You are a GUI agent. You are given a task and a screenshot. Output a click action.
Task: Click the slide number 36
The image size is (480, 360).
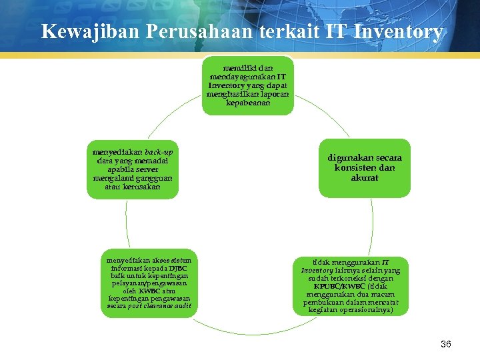(x=446, y=344)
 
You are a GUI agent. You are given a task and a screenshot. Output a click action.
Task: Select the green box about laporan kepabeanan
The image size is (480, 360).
(x=249, y=85)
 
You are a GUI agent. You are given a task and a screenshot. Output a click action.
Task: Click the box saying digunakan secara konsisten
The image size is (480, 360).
(x=365, y=168)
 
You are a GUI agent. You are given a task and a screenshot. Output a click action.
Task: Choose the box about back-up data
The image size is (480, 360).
(x=133, y=169)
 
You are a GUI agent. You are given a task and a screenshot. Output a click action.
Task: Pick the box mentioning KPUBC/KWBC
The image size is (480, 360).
(x=350, y=285)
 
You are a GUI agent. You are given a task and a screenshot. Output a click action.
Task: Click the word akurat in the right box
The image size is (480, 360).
(x=365, y=178)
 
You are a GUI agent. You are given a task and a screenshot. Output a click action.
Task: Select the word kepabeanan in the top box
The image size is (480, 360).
(x=249, y=103)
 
